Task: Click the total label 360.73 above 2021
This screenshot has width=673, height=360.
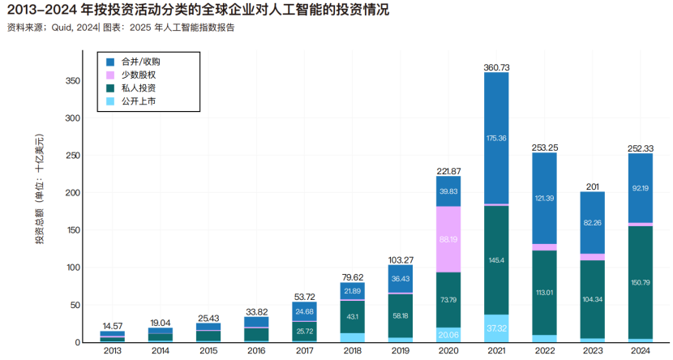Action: pos(496,66)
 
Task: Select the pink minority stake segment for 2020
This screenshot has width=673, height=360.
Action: pos(448,239)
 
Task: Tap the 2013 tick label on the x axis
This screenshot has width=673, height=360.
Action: pos(112,350)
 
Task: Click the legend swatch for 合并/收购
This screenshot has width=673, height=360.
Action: pos(111,61)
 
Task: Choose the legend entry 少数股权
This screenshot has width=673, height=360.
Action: pos(139,75)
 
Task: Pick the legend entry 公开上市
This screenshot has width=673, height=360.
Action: pos(139,101)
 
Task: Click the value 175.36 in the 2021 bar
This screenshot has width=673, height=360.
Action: pos(496,139)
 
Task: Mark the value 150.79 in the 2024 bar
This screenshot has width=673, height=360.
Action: pos(640,282)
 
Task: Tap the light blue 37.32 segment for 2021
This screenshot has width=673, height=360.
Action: pos(496,328)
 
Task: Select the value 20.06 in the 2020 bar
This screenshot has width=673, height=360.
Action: pos(448,334)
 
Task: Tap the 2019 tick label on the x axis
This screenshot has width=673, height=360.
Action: pos(400,350)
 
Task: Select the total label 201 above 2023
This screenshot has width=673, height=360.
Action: pos(592,185)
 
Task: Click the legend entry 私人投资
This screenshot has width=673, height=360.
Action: pos(139,88)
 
